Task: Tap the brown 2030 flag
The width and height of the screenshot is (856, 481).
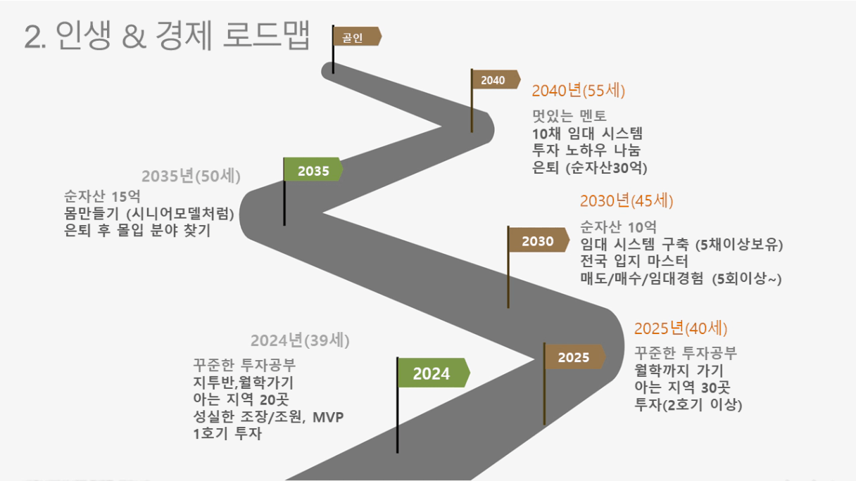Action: pos(538,240)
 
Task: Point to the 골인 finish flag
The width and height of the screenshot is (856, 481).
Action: pos(356,37)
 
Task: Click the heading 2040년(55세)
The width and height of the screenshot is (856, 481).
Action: pos(578,91)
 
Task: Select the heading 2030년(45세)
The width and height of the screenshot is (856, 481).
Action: pos(627,201)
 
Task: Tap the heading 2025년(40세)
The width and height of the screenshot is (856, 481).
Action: pos(681,328)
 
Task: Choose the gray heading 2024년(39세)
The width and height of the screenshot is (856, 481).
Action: pos(300,340)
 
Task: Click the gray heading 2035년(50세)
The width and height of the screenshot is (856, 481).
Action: pos(191,176)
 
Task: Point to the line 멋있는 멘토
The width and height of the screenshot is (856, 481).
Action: pos(569,116)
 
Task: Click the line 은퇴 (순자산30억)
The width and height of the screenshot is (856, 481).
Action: pos(590,167)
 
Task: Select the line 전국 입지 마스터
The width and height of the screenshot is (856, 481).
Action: pos(634,262)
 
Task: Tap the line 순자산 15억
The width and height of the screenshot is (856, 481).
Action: pos(102,196)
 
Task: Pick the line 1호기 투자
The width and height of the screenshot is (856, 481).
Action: pos(227,434)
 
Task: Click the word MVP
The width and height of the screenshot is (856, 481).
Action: pos(328,417)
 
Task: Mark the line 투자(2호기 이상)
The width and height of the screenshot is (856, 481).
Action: pos(688,404)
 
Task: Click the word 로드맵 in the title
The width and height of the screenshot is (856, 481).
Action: pos(266,35)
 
